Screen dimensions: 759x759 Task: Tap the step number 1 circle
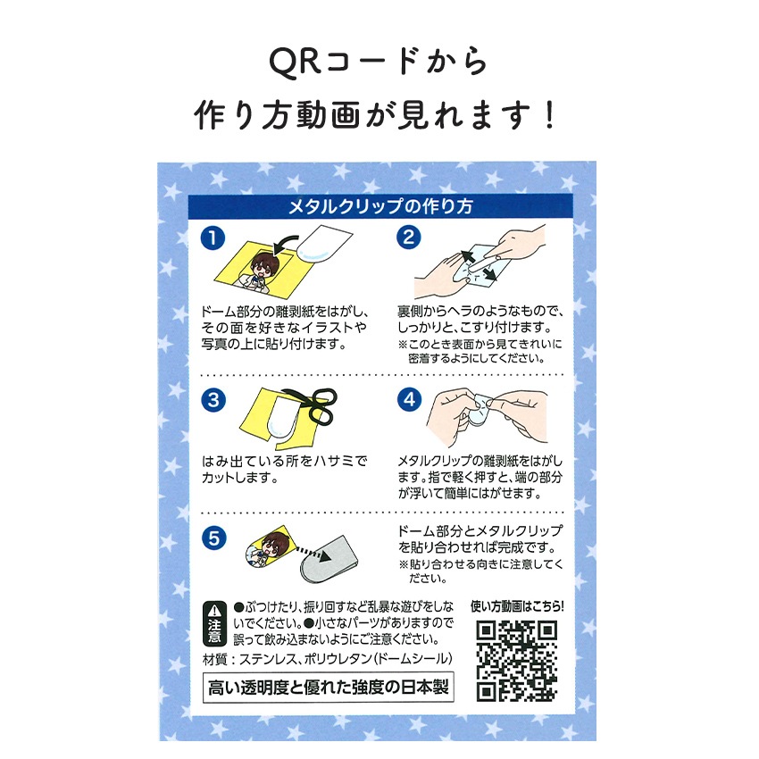[212, 238]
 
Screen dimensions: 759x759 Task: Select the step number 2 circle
[409, 238]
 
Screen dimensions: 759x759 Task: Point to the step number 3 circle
[212, 399]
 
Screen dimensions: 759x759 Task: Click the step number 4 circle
[409, 399]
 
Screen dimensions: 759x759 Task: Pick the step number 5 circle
[212, 538]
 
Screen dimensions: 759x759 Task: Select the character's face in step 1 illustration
[264, 263]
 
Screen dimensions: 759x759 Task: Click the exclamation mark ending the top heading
[550, 115]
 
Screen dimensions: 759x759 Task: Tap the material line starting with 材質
[329, 659]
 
